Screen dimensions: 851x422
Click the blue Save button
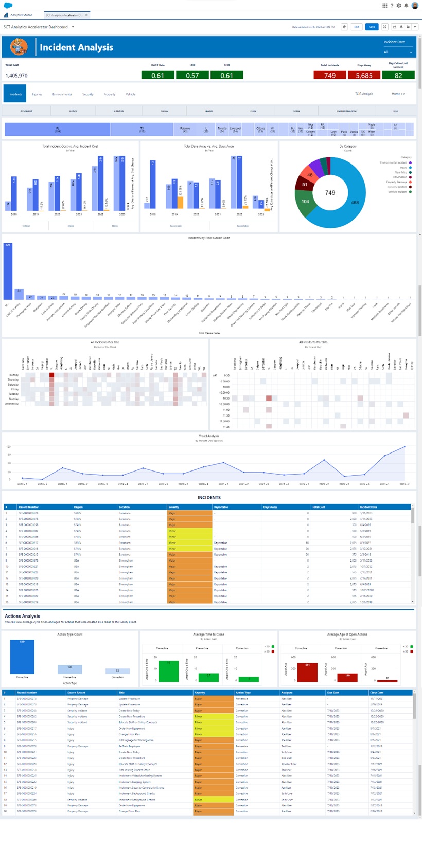tap(372, 27)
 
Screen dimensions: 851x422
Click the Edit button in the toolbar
tap(357, 27)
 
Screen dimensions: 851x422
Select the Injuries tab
tap(37, 94)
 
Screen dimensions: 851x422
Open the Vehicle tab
tap(131, 94)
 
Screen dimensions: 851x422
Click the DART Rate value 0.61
tap(157, 76)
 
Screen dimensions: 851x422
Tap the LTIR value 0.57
tap(192, 76)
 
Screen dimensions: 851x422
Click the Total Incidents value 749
tap(330, 76)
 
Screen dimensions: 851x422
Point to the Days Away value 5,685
tap(364, 76)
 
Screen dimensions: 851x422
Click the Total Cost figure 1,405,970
tap(16, 76)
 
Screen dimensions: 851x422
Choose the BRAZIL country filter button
tap(73, 111)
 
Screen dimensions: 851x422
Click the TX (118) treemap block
tap(142, 129)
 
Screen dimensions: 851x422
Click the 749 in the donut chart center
tap(330, 193)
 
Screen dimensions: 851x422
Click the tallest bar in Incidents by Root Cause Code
tap(8, 271)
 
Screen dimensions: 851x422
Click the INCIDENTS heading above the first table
tap(209, 497)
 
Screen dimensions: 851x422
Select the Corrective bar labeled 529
tap(22, 657)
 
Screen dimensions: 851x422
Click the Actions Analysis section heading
tap(22, 616)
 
